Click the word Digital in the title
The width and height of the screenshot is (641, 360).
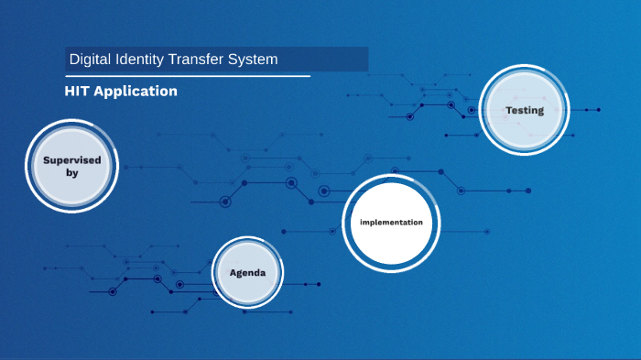[x=91, y=60]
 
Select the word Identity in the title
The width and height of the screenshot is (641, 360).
[x=143, y=60]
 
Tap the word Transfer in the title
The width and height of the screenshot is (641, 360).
[x=203, y=60]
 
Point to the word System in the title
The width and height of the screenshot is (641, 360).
[x=255, y=60]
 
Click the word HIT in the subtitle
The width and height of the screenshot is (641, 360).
[x=78, y=92]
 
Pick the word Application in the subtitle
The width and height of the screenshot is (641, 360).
[x=136, y=92]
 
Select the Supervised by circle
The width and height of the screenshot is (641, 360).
[x=72, y=166]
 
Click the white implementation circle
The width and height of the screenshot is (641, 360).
[x=391, y=223]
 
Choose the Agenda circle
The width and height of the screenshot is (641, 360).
[x=247, y=273]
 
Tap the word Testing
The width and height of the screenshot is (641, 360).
[x=525, y=111]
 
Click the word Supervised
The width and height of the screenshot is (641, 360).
[x=72, y=160]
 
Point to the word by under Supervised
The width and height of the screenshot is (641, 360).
[x=72, y=172]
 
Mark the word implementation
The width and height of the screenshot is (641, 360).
[x=391, y=223]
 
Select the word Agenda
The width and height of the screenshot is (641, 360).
[x=247, y=273]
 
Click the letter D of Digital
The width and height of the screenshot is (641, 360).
[x=74, y=60]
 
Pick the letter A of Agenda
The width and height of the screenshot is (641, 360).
[x=233, y=273]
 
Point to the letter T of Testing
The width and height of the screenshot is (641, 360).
[x=509, y=111]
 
